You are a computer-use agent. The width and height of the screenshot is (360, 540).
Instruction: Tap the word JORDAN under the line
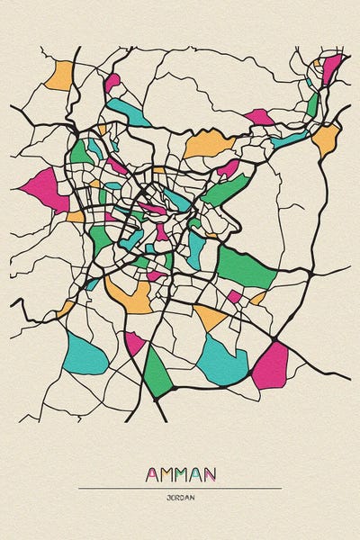(180, 497)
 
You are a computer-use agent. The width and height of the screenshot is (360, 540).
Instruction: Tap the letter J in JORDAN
(167, 497)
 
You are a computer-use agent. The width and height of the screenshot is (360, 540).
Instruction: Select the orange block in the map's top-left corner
(58, 75)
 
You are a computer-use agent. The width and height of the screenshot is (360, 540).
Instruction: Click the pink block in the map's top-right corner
(331, 68)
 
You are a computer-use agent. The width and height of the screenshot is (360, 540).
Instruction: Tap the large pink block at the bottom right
(270, 365)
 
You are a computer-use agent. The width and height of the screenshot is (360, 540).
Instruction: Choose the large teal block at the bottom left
(85, 353)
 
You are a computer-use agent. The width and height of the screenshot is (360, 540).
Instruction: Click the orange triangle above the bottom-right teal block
(210, 316)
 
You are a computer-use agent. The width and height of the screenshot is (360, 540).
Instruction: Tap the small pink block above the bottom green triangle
(134, 342)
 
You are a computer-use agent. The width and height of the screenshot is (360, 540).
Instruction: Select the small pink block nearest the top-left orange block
(112, 83)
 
